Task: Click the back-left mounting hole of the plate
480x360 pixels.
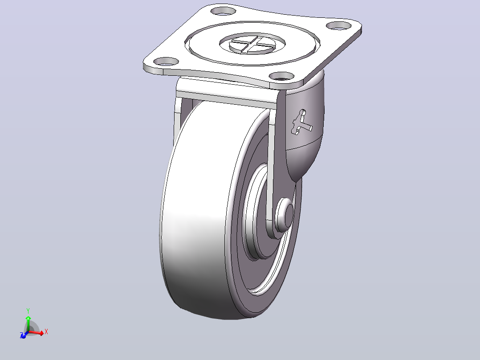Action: [224, 11]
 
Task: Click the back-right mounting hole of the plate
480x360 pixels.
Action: [338, 25]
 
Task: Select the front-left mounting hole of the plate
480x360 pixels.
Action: [166, 61]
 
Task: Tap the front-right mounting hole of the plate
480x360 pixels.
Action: [281, 76]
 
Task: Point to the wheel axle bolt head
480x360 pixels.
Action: [285, 213]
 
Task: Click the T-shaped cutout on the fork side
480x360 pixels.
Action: [302, 122]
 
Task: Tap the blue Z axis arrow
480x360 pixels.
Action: [23, 335]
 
